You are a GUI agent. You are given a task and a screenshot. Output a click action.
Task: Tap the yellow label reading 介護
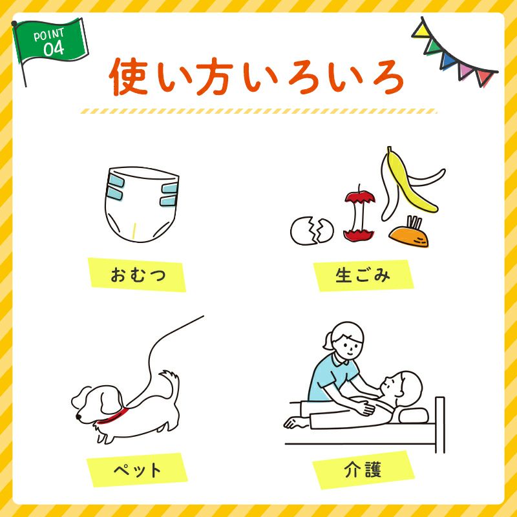(x=363, y=469)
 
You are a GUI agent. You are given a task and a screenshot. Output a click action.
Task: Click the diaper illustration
(x=142, y=206)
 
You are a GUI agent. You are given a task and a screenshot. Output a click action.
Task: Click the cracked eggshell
(x=312, y=230)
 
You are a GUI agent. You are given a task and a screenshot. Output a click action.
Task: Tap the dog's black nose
(x=78, y=417)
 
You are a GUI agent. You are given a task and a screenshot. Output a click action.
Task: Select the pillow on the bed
(x=414, y=413)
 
